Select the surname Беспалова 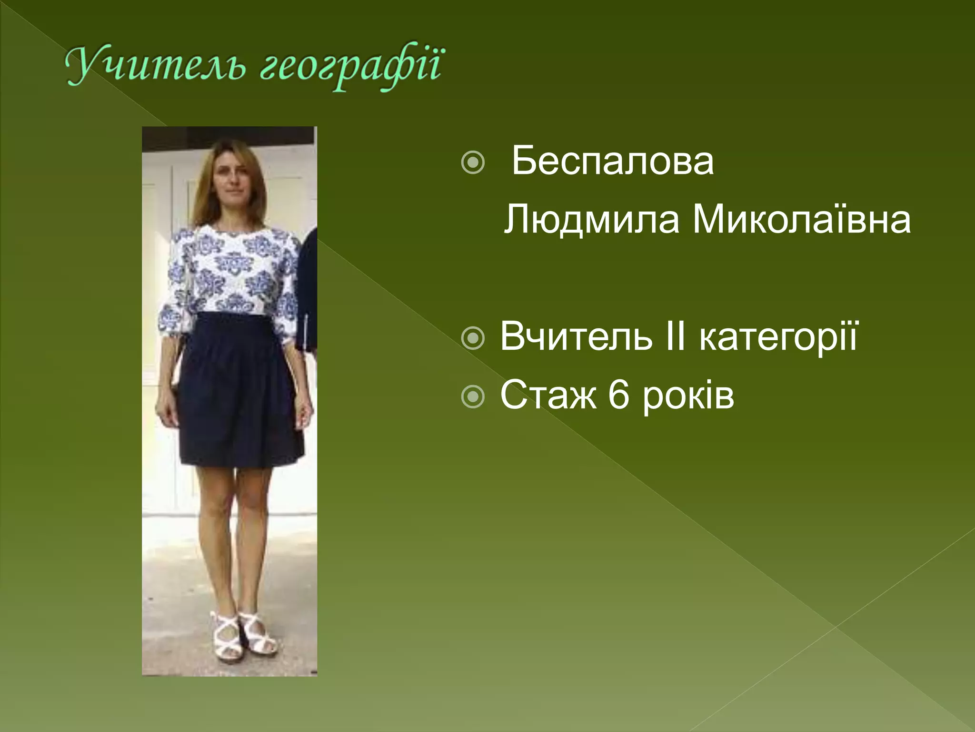(x=612, y=161)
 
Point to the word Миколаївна (x=801, y=219)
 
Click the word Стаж (x=547, y=395)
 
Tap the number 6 (x=618, y=395)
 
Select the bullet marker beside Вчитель (x=473, y=338)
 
